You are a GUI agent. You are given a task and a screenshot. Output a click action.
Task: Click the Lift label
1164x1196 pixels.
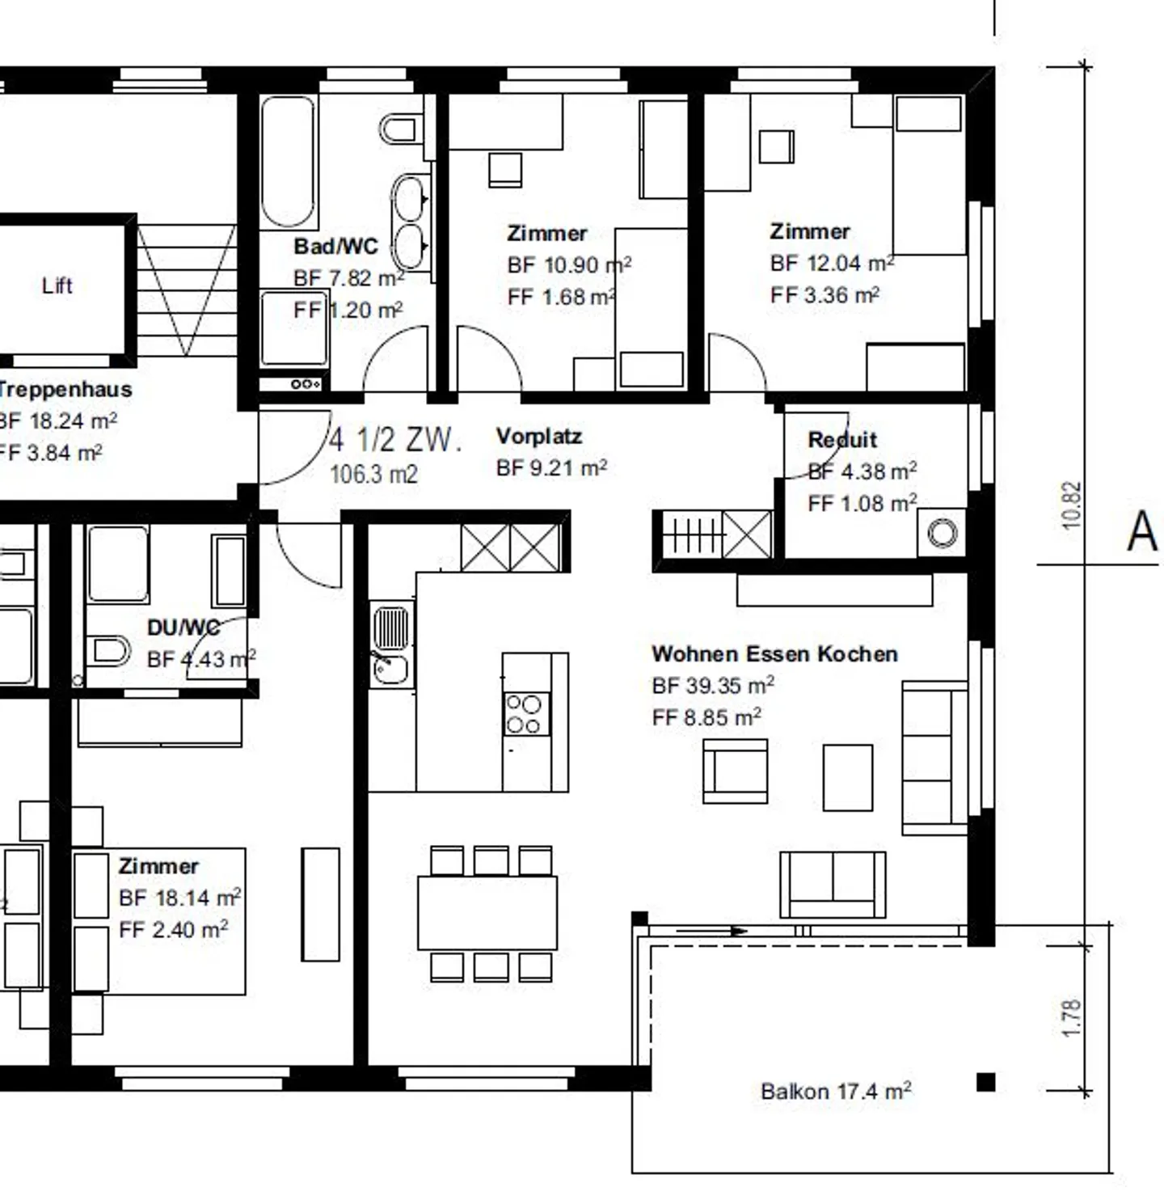(57, 285)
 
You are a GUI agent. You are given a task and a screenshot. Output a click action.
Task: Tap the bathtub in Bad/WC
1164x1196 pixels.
(287, 161)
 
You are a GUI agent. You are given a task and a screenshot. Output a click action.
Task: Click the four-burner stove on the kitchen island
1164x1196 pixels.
(524, 714)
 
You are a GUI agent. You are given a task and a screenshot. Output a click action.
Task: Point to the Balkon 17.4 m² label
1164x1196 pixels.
(836, 1092)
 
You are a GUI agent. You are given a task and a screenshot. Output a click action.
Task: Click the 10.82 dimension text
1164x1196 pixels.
(1071, 505)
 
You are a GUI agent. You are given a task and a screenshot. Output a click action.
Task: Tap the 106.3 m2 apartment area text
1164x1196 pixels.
(373, 474)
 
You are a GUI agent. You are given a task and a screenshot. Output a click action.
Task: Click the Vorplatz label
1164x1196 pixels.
(538, 437)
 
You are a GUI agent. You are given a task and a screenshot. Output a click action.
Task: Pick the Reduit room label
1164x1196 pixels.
(842, 440)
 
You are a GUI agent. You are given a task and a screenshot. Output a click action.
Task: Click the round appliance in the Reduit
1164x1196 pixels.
(942, 533)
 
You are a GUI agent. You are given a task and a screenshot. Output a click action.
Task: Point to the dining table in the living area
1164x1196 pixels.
(487, 913)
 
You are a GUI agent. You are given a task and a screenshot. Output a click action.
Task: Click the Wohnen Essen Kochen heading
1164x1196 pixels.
(774, 653)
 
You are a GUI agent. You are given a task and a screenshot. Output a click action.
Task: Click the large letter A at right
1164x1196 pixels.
(1142, 532)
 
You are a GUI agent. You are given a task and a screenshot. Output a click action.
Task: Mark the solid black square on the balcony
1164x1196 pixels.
(985, 1082)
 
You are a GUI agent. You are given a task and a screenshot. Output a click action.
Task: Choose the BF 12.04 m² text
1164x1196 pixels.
(832, 264)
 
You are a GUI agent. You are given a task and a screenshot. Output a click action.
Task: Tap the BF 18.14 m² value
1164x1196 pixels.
(179, 898)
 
